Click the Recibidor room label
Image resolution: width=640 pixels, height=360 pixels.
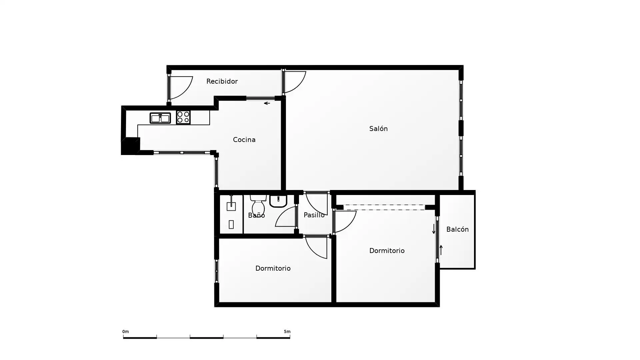coord(222,81)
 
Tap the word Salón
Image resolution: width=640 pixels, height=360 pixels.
coord(378,129)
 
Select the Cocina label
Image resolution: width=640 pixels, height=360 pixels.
coord(244,140)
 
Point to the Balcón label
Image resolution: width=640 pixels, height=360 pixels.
coord(457,229)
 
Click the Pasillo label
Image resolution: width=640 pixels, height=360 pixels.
coord(314,215)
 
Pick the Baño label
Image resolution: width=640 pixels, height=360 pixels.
coord(256,215)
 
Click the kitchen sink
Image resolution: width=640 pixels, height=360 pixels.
coord(160,118)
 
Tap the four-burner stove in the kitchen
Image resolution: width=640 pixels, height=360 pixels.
coord(183,117)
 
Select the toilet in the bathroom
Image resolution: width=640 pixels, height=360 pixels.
coord(258,205)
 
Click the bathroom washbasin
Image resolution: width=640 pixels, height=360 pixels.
coord(278,201)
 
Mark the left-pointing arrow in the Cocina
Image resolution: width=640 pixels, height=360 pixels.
coord(267,103)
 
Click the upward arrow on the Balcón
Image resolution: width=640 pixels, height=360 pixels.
coord(441,250)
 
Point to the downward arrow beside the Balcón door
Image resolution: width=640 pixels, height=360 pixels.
coord(434,229)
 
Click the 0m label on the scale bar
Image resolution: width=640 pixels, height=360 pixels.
coord(126,332)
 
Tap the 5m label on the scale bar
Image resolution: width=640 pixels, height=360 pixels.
coord(287,332)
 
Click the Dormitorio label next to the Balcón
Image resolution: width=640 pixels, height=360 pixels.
coord(387,251)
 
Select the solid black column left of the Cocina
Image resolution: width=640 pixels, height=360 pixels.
coord(130,146)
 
